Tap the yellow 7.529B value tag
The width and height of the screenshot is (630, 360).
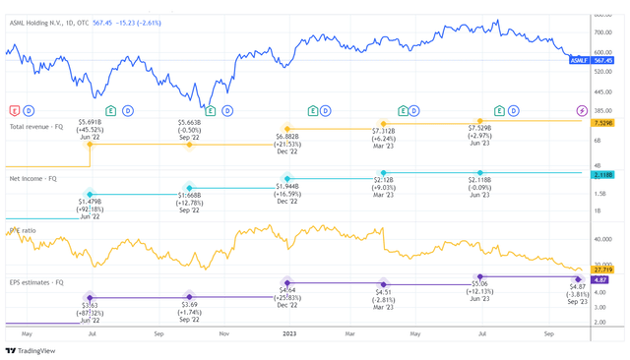(602, 123)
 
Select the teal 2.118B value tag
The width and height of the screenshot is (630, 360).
(602, 175)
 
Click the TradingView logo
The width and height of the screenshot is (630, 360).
(31, 349)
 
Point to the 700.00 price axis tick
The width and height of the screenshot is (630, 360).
(602, 31)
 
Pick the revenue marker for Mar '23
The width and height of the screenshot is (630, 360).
(384, 124)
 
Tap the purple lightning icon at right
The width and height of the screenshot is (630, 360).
(582, 110)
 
